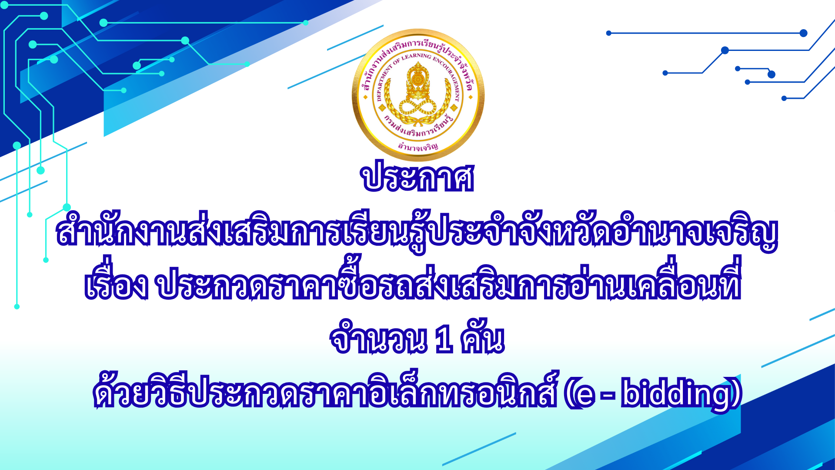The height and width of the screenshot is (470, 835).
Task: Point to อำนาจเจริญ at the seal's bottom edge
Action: tap(418, 147)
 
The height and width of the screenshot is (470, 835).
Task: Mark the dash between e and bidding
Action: tap(607, 396)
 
